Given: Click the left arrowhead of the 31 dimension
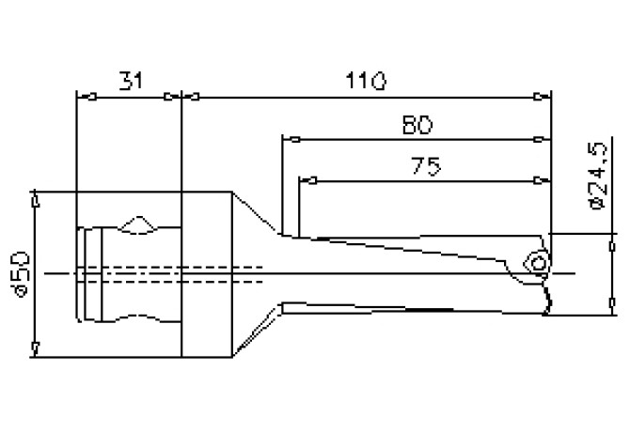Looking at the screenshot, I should click(81, 95).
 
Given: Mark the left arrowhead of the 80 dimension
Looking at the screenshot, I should click(290, 140).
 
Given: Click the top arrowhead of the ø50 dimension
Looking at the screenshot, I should click(35, 199).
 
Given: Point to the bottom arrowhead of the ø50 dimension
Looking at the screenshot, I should click(35, 350).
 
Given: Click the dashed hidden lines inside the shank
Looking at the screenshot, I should click(169, 273).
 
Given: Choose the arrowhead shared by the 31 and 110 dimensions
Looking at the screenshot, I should click(181, 95).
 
